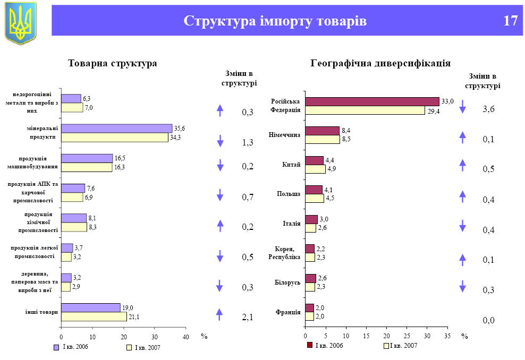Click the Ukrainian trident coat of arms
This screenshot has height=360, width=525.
[x=21, y=22]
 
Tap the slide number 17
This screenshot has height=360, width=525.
[x=510, y=21]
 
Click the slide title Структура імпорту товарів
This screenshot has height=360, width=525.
[x=275, y=21]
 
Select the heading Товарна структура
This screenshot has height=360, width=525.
[x=113, y=63]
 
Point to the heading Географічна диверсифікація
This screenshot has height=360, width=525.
[x=380, y=63]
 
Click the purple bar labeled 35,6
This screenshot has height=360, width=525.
[x=116, y=128]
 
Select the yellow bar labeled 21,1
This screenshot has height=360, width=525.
[x=94, y=317]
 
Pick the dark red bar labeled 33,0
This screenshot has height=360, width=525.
[x=372, y=101]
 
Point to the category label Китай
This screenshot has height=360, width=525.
[x=292, y=165]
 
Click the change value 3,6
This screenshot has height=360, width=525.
[x=488, y=109]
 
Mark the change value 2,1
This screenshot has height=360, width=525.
[x=247, y=318]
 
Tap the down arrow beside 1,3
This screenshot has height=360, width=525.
[x=220, y=141]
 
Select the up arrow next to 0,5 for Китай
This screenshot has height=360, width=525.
[x=462, y=165]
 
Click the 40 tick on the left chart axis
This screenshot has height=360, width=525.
[x=185, y=337]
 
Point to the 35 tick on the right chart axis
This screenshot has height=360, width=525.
[x=447, y=337]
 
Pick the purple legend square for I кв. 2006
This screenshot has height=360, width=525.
[x=56, y=347]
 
